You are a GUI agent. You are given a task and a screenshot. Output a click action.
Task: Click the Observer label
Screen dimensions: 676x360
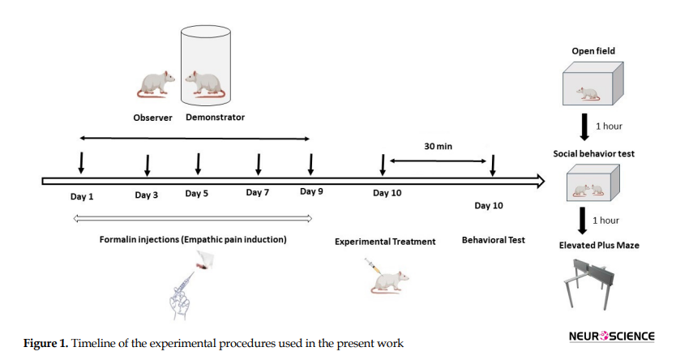pyautogui.click(x=152, y=118)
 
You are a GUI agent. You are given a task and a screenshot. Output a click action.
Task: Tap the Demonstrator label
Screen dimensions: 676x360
pyautogui.click(x=215, y=118)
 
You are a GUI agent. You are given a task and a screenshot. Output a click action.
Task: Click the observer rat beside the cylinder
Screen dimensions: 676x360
pyautogui.click(x=156, y=84)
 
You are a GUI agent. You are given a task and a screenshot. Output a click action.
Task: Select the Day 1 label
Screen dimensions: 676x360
pyautogui.click(x=82, y=196)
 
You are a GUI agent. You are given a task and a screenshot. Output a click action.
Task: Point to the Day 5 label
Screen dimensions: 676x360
pyautogui.click(x=197, y=194)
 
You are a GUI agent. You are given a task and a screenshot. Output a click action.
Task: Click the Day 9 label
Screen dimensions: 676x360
pyautogui.click(x=311, y=191)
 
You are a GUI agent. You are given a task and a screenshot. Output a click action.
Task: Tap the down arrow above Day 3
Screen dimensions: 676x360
pyautogui.click(x=147, y=165)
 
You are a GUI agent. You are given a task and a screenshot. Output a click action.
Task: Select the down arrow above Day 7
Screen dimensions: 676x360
pyautogui.click(x=259, y=165)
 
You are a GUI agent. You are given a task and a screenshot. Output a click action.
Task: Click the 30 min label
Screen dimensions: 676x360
pyautogui.click(x=438, y=147)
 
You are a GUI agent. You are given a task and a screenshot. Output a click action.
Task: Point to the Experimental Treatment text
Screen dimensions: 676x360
pyautogui.click(x=385, y=242)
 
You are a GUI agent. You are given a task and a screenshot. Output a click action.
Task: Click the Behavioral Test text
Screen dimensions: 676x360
pyautogui.click(x=493, y=240)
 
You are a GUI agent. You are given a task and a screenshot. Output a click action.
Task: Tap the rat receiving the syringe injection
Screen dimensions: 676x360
pyautogui.click(x=390, y=282)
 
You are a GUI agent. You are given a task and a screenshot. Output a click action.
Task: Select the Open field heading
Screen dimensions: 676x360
pyautogui.click(x=593, y=51)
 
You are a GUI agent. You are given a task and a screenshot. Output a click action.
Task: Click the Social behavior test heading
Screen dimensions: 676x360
pyautogui.click(x=593, y=154)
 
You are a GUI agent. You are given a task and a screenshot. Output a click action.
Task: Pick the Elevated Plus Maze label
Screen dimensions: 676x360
pyautogui.click(x=599, y=246)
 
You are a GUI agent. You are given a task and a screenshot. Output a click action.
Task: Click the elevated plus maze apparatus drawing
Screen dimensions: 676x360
pyautogui.click(x=589, y=283)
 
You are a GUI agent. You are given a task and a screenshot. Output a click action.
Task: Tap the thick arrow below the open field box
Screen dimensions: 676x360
pyautogui.click(x=584, y=126)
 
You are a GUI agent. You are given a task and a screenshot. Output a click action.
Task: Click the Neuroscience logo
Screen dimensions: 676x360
pyautogui.click(x=611, y=336)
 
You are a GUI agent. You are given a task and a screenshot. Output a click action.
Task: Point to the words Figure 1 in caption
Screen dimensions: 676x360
pyautogui.click(x=45, y=344)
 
